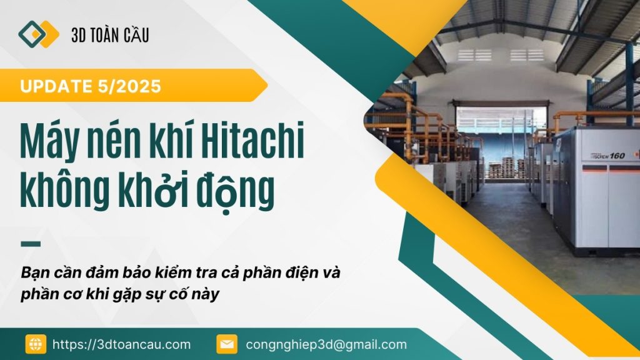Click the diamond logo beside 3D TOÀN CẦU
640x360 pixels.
[38, 34]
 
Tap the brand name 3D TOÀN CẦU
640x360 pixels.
[110, 35]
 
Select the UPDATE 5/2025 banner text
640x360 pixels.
[91, 86]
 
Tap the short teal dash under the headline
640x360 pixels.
[31, 244]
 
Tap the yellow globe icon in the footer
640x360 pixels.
[36, 344]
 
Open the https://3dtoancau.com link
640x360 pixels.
[122, 344]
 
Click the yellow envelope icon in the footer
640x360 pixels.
[227, 344]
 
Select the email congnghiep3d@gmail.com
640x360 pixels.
[326, 344]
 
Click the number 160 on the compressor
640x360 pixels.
[617, 156]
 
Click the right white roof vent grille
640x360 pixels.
[527, 55]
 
